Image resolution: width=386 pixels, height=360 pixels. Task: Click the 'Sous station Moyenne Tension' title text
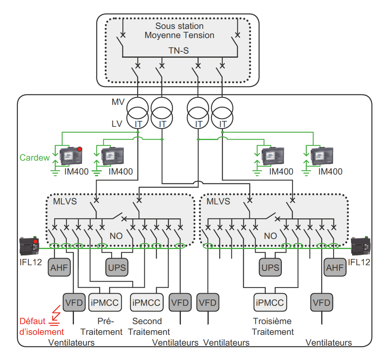[179, 31]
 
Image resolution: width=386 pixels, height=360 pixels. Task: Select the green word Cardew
[35, 158]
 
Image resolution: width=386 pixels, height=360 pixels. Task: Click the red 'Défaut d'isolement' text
[37, 327]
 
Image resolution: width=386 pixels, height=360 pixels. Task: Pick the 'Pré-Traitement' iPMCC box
[105, 303]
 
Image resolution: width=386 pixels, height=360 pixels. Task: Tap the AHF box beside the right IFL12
[334, 267]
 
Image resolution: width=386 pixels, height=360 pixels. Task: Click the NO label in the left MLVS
[116, 236]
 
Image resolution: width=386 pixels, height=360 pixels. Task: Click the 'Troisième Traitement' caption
[273, 327]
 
